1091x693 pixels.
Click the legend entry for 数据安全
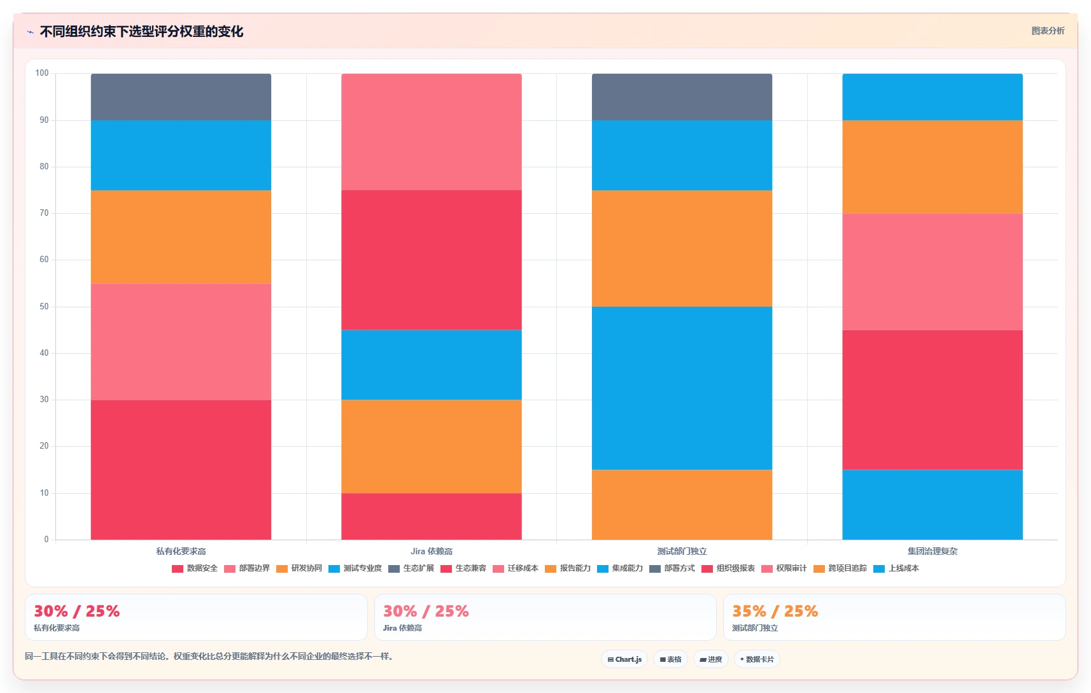195,568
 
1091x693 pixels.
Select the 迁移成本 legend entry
516,568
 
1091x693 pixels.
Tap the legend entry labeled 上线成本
896,568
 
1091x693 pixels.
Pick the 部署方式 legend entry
672,568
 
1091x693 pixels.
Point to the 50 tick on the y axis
45,306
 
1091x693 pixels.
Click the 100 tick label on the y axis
42,73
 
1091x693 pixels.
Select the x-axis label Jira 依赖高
432,551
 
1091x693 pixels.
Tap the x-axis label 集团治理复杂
933,551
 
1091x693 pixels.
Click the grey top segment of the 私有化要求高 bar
181,97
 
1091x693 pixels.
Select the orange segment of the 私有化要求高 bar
181,237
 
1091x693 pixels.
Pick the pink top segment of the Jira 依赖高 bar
432,132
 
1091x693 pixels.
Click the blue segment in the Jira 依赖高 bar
432,365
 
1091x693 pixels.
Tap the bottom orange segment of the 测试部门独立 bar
682,505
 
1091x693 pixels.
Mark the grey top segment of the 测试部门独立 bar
682,97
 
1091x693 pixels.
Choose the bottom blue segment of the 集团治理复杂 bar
933,505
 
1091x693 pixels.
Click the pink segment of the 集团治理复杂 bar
933,272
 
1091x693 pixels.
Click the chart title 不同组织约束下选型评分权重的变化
141,32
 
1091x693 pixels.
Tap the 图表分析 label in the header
1048,31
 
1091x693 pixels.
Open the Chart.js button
624,659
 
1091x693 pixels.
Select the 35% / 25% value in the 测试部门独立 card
775,611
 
